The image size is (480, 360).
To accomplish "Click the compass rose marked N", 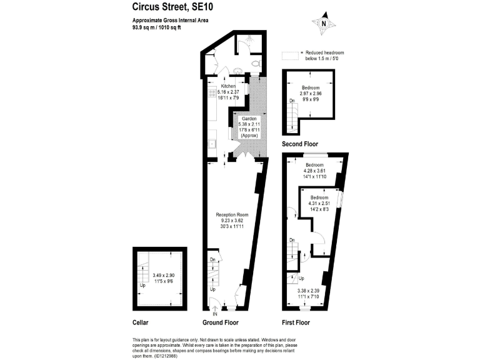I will (324, 24).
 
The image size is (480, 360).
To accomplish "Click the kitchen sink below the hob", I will (212, 143).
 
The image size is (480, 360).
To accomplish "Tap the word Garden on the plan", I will (249, 118).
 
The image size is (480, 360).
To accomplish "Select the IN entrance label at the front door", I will (215, 314).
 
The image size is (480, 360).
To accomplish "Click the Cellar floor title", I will (141, 322).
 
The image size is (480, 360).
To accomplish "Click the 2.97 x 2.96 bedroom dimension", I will (311, 93).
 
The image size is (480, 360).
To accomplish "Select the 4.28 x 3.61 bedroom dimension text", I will (315, 171).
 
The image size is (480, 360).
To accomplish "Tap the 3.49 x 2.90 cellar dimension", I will (164, 275).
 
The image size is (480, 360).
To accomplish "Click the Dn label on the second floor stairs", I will (291, 100).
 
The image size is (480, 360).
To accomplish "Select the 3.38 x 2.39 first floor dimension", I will (308, 291).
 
